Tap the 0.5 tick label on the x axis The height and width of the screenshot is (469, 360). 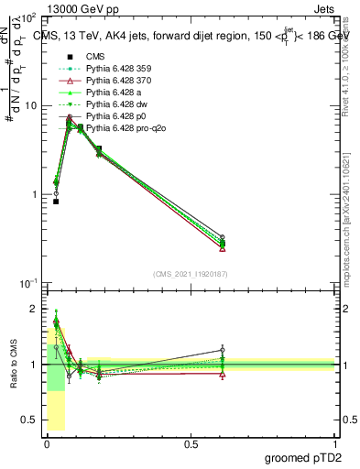click(191, 443)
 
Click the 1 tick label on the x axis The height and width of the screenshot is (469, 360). click(334, 443)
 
